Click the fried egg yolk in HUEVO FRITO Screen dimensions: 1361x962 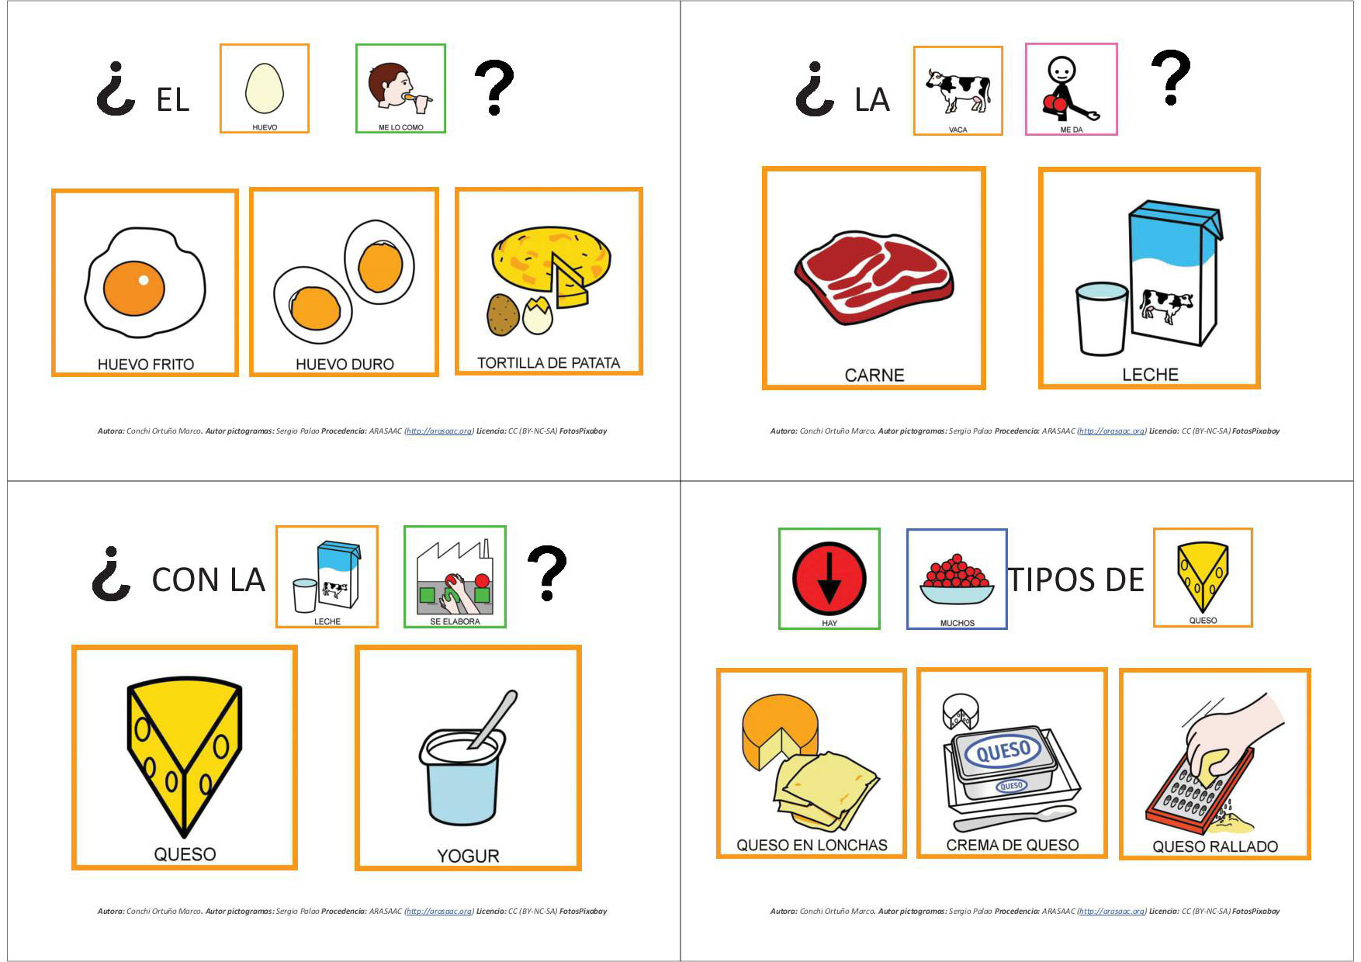tap(134, 288)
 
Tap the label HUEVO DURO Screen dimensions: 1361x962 tap(345, 364)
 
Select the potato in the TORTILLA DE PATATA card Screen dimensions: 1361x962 tap(503, 313)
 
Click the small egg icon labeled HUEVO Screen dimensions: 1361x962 tap(265, 88)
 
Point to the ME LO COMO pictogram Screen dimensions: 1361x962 tap(400, 88)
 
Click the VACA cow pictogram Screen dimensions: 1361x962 tap(958, 91)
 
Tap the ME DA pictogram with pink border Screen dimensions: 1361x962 tap(1071, 89)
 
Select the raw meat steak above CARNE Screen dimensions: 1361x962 tap(874, 276)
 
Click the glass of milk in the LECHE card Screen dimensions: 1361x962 tap(1102, 318)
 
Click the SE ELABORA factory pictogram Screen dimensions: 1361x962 tap(455, 576)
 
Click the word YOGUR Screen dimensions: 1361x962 tap(468, 856)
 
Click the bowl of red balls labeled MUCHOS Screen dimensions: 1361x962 tap(957, 580)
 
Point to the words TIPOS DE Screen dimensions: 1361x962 tap(1075, 580)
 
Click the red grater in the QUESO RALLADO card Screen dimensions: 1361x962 tap(1199, 787)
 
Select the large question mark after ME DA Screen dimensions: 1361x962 tap(1170, 78)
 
